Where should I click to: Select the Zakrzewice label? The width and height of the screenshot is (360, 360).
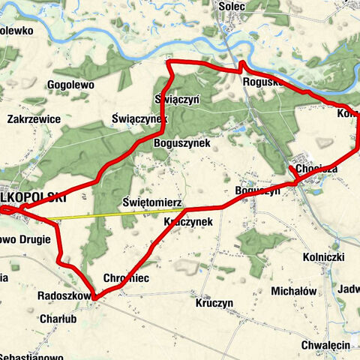click(x=33, y=119)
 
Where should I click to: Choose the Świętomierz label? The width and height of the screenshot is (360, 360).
click(x=148, y=202)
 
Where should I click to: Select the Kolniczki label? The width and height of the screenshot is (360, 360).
click(x=323, y=257)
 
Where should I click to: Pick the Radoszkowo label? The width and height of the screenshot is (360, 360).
click(x=63, y=296)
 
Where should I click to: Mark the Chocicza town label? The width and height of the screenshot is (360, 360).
click(x=317, y=170)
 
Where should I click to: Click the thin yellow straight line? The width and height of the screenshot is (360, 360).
click(x=112, y=215)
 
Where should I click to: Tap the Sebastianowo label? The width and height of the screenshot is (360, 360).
click(x=31, y=355)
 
